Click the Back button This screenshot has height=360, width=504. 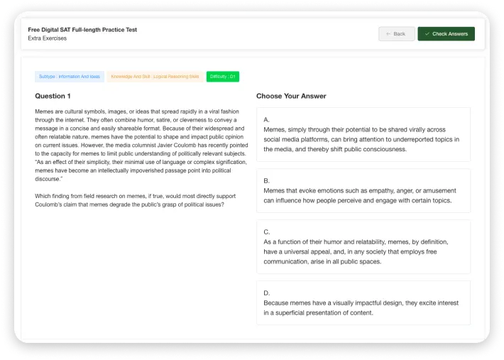coord(396,33)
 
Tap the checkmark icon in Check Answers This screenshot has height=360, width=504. coord(427,33)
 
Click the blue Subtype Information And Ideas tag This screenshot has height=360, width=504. coord(70,76)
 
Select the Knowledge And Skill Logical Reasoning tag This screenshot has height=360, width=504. coord(155,76)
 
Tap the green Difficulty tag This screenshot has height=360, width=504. coord(223,76)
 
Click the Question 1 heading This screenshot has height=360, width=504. coord(53,96)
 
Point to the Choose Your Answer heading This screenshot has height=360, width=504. coord(291,96)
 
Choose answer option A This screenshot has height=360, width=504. coord(363,134)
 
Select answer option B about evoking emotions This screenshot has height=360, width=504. coord(363,190)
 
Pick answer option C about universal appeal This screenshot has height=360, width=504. coord(363,246)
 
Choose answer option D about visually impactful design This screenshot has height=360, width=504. coord(363,302)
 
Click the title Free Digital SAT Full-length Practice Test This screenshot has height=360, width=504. coord(82,30)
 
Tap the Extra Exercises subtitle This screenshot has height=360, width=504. coord(48,38)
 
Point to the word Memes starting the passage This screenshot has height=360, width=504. coord(45,111)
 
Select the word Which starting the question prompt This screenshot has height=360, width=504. coord(43,196)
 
